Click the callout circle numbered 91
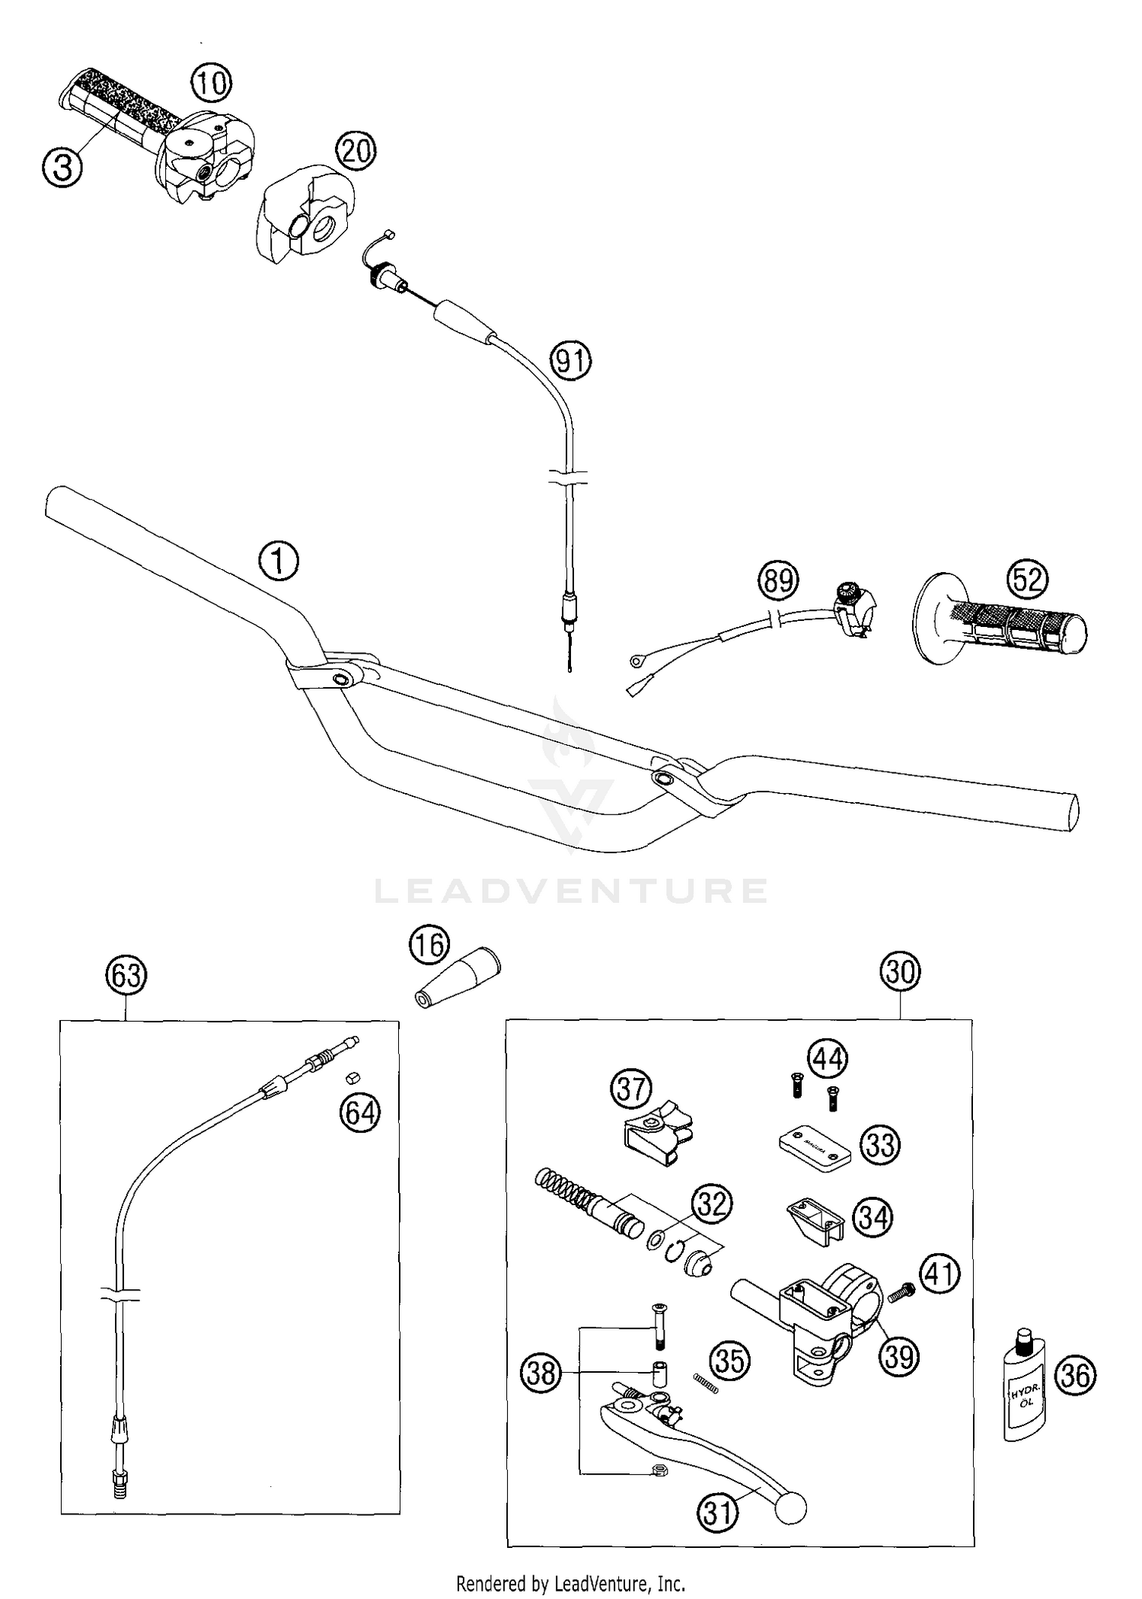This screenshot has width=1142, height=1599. pos(571,360)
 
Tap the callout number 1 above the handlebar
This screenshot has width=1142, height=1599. pos(279,562)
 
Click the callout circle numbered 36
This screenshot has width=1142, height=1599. pos(1076,1376)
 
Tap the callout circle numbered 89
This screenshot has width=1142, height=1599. pos(777,580)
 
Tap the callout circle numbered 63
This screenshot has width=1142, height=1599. pos(126,976)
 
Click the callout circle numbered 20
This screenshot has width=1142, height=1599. pos(356,152)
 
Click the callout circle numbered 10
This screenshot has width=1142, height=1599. pos(211,82)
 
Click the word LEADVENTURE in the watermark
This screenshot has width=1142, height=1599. pos(571,891)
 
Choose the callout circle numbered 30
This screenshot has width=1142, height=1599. pos(901,973)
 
